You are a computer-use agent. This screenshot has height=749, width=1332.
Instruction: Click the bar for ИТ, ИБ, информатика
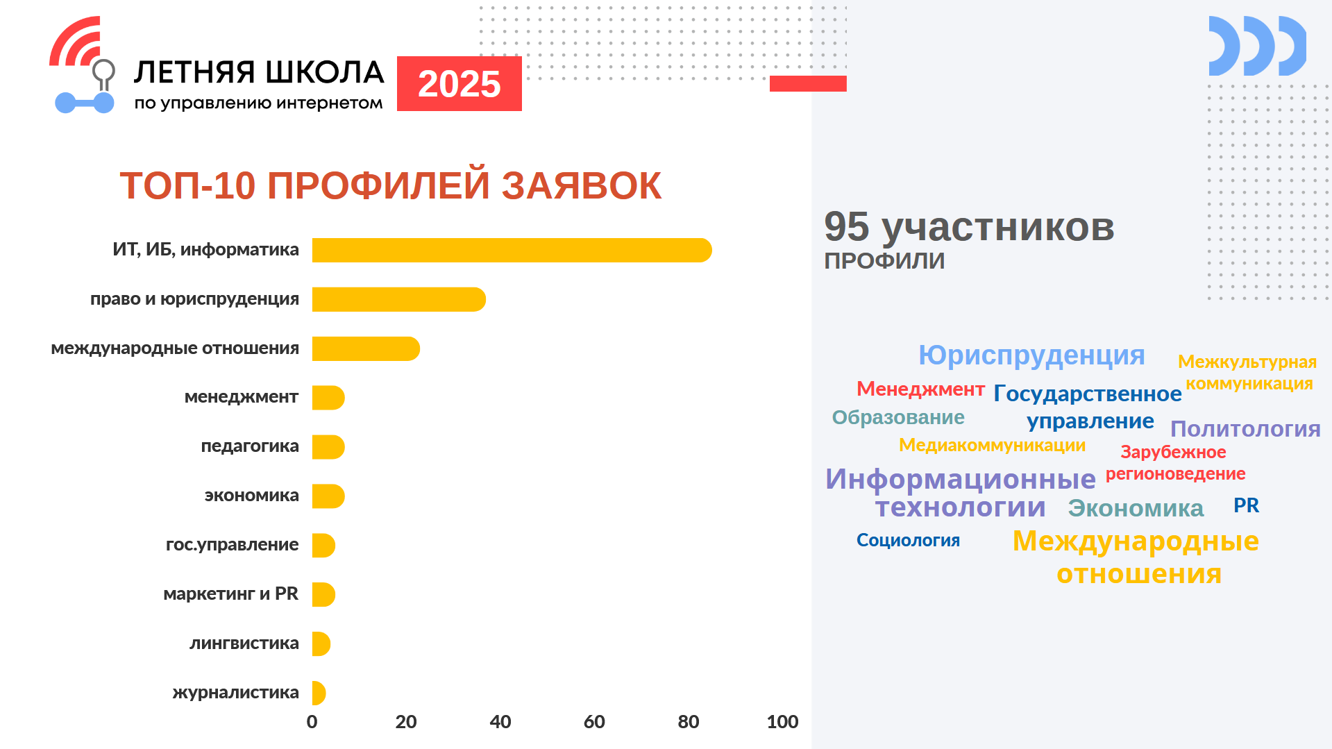[x=512, y=250]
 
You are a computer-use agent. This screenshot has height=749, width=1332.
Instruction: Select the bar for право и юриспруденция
[x=399, y=299]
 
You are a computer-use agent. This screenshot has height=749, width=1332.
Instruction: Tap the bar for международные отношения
[x=366, y=348]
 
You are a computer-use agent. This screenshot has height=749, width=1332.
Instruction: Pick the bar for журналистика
[x=319, y=693]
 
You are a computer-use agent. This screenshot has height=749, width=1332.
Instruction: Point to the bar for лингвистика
[x=321, y=643]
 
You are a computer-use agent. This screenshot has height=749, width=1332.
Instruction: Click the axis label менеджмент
[x=242, y=397]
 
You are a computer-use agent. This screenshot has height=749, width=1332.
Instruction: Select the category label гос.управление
[x=232, y=544]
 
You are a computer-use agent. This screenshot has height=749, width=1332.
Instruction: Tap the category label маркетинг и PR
[x=230, y=594]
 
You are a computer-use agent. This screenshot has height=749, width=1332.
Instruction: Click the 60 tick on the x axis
[x=594, y=722]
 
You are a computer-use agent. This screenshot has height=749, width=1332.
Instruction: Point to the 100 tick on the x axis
[x=782, y=722]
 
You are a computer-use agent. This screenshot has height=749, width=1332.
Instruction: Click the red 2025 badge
[x=460, y=83]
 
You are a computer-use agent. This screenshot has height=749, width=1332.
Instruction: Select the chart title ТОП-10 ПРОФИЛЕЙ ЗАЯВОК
[x=390, y=185]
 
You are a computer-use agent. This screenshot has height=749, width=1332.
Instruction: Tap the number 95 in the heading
[x=847, y=226]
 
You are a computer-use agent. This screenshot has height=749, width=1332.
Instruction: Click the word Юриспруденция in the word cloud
[x=1031, y=355]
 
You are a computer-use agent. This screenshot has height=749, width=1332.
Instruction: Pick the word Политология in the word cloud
[x=1245, y=429]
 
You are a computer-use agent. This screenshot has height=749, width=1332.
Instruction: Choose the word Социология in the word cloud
[x=908, y=540]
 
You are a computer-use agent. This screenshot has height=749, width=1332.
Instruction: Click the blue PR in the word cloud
[x=1246, y=505]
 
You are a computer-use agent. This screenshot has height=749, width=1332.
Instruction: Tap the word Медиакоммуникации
[x=992, y=445]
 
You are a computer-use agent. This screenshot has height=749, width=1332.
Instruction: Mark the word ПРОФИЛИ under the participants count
[x=884, y=261]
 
